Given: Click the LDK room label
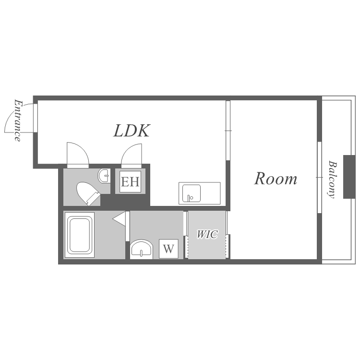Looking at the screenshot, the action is pos(132,131).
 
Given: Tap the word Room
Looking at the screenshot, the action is pos(276,179).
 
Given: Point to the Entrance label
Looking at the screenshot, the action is pos(18,120).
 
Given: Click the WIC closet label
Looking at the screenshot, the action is pos(207,234).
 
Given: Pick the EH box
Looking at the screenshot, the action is pos(130,181).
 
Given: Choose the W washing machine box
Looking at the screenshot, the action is pos(168,249).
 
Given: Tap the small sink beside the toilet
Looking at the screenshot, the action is pos(104,176).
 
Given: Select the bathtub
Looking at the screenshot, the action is pos(79,235).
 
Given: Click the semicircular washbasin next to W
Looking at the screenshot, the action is pos(142,249).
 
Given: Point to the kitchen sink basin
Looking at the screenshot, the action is pos(192,193).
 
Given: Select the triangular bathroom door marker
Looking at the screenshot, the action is pos(120,218).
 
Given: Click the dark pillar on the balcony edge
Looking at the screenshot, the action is pos(349,177).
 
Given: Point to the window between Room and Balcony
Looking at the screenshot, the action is pos(319,178).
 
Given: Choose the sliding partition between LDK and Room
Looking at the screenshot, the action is pos(228,131).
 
